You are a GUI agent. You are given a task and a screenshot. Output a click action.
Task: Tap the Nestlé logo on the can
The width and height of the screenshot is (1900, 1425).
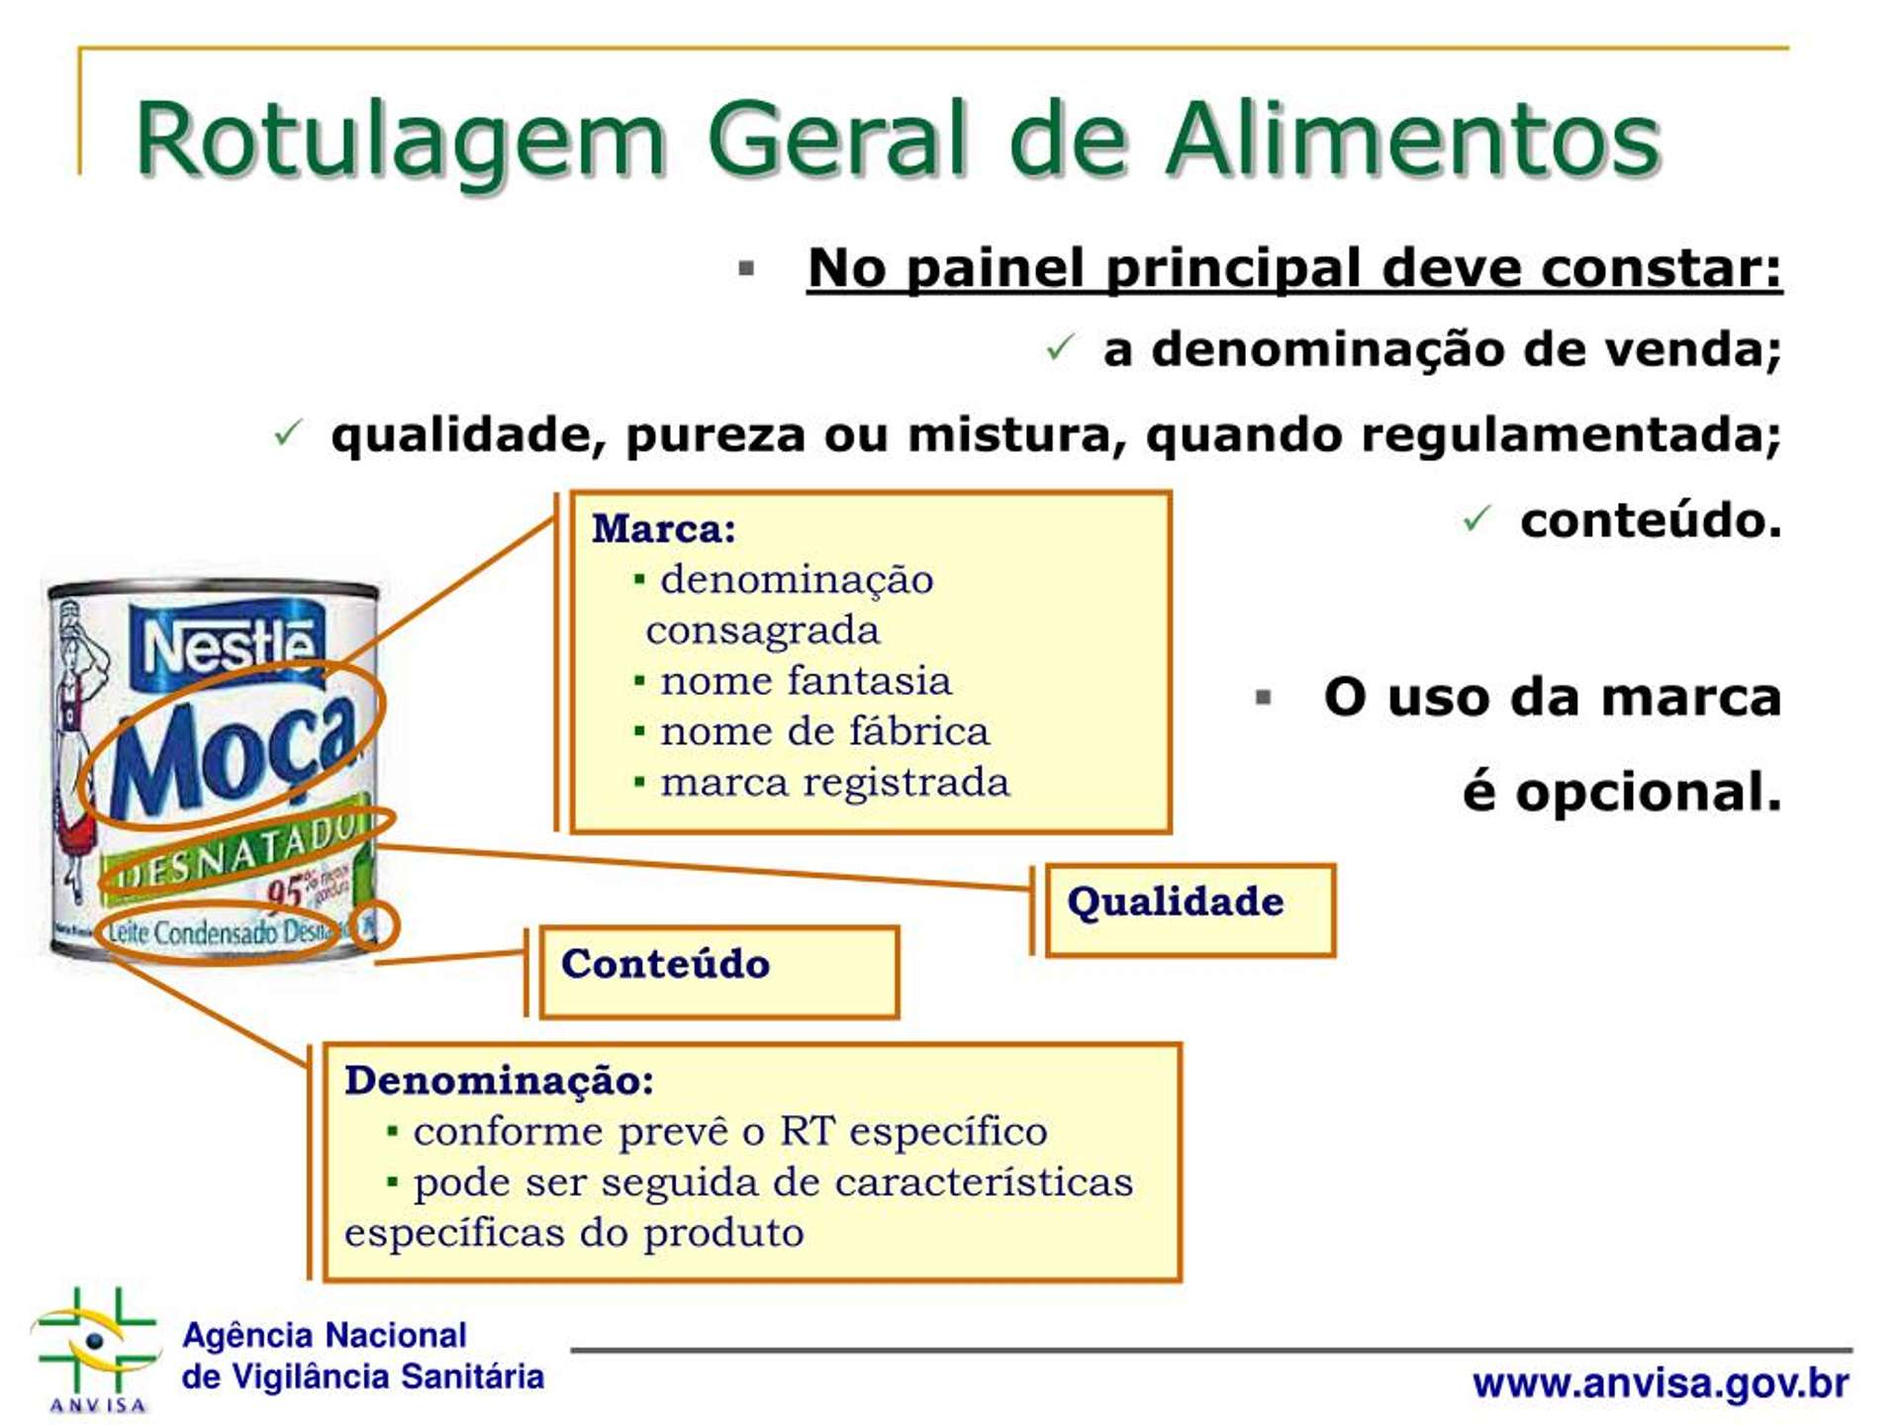228,645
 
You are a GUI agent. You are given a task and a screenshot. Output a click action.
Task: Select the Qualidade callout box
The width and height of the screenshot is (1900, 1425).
1188,908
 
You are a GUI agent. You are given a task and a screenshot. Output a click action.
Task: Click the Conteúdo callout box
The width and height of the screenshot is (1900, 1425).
717,971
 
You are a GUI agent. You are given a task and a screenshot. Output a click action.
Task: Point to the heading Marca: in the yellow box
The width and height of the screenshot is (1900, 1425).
663,528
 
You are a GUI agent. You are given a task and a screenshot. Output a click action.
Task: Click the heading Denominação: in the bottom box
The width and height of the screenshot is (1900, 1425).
499,1080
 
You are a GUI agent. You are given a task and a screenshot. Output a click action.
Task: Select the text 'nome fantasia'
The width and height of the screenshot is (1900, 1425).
805,681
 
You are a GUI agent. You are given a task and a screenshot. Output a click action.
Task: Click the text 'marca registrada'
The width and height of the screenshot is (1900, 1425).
833,782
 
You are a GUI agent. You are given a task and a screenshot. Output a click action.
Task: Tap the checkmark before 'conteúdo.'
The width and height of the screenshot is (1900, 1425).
1475,519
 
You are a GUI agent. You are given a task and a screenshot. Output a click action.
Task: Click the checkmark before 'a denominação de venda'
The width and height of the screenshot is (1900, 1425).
1059,347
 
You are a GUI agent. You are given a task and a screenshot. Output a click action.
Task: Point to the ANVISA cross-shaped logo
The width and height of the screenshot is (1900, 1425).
96,1343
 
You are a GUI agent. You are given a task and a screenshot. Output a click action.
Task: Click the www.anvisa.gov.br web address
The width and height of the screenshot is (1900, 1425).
1660,1382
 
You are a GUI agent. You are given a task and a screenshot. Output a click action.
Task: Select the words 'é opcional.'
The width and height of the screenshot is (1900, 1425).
1621,792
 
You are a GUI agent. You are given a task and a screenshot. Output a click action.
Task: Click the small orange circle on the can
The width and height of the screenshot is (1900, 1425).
374,925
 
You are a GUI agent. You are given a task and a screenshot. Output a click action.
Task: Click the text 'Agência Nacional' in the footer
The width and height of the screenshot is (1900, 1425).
324,1335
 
